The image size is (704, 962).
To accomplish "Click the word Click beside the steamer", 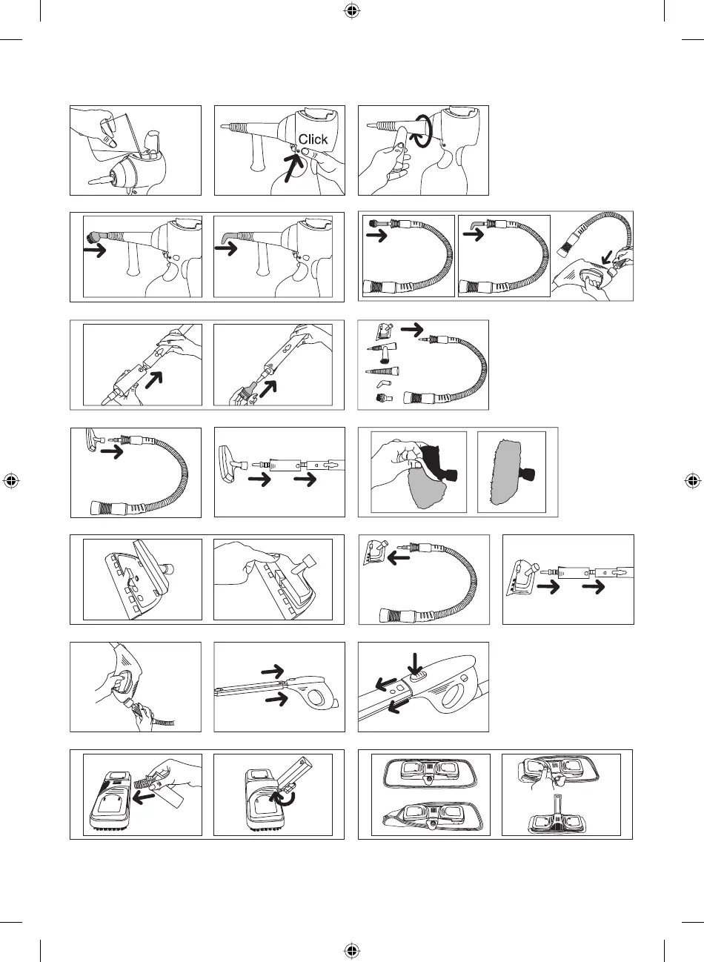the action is click(x=313, y=139).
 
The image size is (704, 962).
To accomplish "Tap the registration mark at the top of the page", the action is click(x=352, y=11).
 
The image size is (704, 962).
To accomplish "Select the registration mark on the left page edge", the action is click(x=11, y=480).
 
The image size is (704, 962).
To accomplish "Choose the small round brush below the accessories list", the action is click(x=383, y=399).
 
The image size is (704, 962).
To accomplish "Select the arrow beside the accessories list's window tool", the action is click(x=411, y=327).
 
